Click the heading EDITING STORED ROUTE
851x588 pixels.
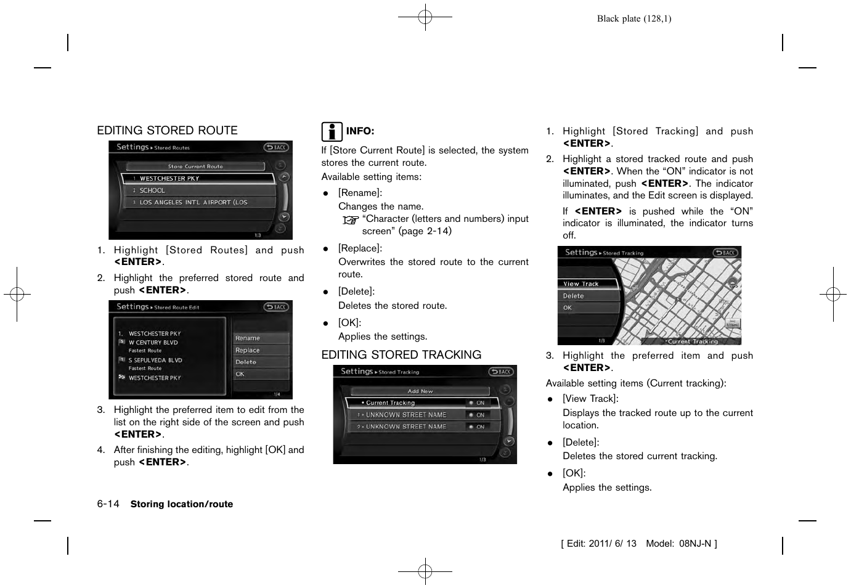167,131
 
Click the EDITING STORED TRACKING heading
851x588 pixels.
401,355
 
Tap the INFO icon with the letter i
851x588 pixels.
332,131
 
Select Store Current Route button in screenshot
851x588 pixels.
195,166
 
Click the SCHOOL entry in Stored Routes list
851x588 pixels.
152,190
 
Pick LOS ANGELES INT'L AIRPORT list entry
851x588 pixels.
193,202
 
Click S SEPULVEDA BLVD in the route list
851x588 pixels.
155,361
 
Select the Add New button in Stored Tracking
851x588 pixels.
420,391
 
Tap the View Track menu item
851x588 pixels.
581,284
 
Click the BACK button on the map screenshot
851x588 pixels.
726,253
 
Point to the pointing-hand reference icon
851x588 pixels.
351,220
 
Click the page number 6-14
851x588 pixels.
108,504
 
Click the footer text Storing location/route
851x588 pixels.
182,504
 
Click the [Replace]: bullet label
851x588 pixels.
360,248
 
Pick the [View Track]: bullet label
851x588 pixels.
590,399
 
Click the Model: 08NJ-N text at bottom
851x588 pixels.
678,544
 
